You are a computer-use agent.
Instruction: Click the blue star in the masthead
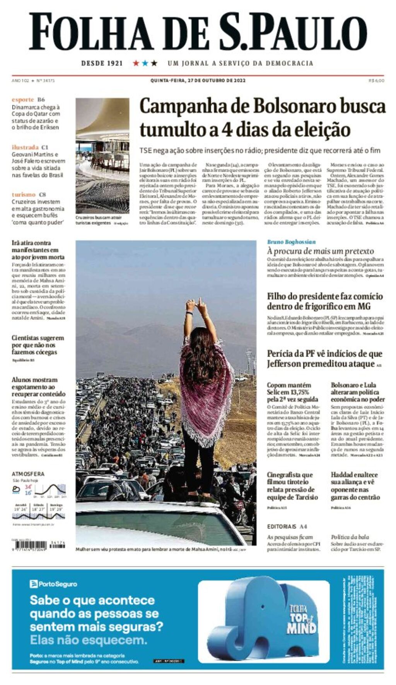(x=145, y=63)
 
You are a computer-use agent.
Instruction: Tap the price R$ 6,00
(x=376, y=81)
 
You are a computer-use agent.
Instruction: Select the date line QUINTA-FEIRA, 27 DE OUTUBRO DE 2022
(x=198, y=81)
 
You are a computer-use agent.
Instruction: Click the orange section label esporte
(x=23, y=100)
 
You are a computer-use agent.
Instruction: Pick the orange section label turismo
(x=24, y=194)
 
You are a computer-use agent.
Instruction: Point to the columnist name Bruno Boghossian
(x=291, y=242)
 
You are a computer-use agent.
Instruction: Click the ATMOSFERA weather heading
(x=28, y=474)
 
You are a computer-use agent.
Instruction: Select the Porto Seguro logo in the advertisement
(x=53, y=584)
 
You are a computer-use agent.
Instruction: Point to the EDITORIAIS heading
(x=282, y=527)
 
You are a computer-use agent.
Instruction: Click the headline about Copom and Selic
(x=292, y=392)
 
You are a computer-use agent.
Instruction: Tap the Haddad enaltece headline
(x=355, y=486)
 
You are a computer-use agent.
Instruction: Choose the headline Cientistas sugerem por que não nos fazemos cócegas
(x=38, y=345)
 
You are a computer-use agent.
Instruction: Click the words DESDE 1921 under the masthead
(x=102, y=63)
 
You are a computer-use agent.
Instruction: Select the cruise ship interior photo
(x=102, y=156)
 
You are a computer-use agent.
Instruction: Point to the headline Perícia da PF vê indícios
(x=324, y=359)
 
